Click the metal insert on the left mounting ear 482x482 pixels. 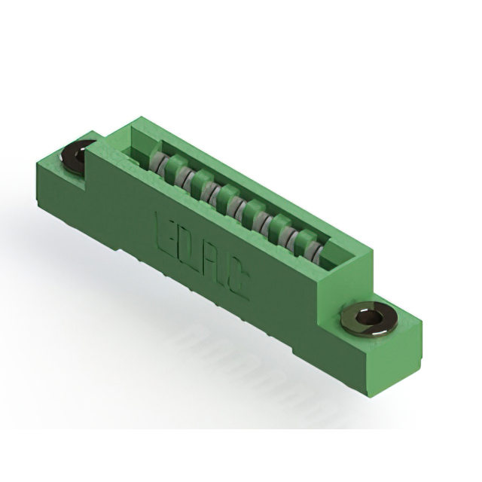76,157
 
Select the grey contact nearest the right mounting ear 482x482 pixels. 322,253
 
